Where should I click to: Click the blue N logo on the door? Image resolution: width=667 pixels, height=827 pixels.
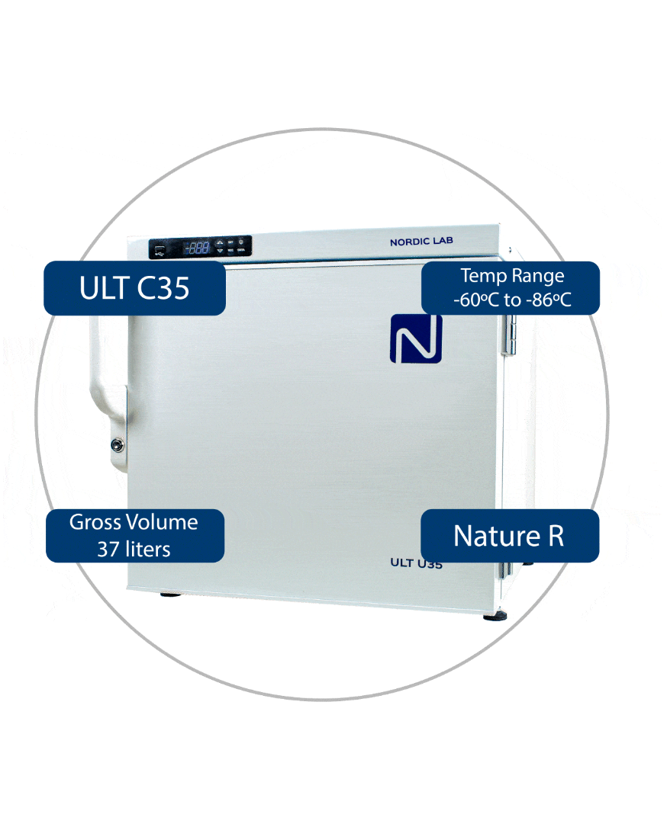[x=416, y=338]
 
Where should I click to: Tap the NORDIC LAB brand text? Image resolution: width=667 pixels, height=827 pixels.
[x=421, y=242]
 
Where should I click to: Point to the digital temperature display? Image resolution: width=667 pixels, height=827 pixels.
[x=198, y=247]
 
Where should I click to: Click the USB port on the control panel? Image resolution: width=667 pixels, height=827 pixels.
[x=159, y=248]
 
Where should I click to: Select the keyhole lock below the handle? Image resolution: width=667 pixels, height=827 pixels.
[x=117, y=444]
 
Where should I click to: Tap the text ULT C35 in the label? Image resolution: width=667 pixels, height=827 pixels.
[x=134, y=288]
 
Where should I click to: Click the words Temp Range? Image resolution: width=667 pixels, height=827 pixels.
[x=511, y=275]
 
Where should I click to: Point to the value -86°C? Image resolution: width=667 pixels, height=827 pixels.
[x=548, y=300]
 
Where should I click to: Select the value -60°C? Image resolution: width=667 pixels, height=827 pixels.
[x=477, y=300]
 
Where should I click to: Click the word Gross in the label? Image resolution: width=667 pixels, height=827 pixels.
[x=95, y=522]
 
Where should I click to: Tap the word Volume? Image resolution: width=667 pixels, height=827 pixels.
[x=163, y=522]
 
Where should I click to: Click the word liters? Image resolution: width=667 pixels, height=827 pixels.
[x=147, y=549]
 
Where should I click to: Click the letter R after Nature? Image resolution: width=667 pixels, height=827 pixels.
[x=555, y=536]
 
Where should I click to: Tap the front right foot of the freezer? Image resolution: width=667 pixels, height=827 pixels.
[x=493, y=614]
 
